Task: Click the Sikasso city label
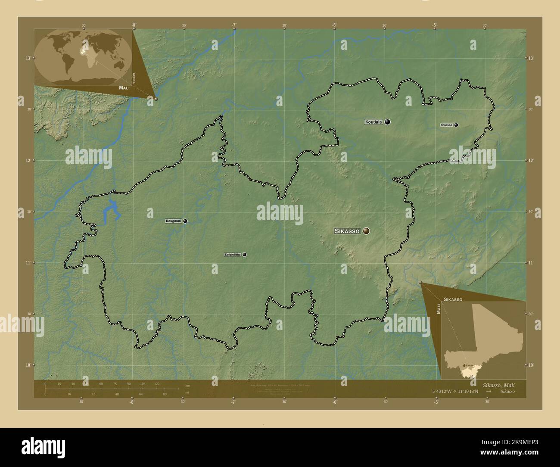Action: coord(347,231)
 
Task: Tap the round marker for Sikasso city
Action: coord(366,231)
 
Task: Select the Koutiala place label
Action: coord(373,122)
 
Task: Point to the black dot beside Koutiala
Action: coord(388,122)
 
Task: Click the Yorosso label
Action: coord(446,125)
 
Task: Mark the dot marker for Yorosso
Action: coord(456,125)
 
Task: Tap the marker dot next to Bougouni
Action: coord(185,221)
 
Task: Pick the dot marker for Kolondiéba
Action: coord(245,255)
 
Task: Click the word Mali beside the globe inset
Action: coord(121,87)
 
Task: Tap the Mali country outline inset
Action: coord(483,340)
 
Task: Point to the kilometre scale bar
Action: coord(112,389)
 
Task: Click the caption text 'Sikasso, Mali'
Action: coord(498,385)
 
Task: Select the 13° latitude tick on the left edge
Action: coord(28,58)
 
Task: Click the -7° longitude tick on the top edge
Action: coord(233,25)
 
